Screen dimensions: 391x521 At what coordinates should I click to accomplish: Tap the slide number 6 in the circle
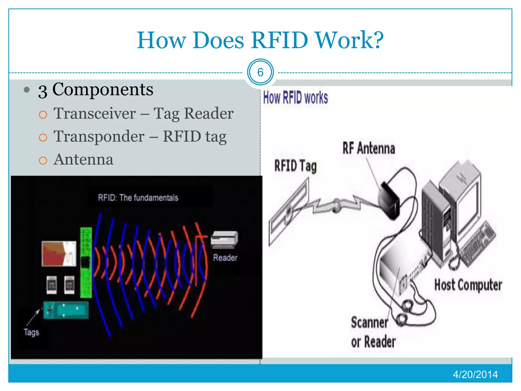260,72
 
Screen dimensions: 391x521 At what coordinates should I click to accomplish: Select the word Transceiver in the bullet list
95,113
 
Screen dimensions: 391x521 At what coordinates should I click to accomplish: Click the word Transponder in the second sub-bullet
99,136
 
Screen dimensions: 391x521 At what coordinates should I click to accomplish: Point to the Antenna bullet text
83,159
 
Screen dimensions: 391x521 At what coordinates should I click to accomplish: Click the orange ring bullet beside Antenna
43,160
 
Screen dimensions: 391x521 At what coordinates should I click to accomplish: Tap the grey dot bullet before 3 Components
26,90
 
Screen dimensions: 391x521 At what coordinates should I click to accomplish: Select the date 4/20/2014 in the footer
475,374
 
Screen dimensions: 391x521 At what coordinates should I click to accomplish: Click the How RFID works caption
295,98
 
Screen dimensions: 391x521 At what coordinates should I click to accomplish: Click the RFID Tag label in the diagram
295,166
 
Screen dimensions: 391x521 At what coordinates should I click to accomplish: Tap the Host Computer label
468,285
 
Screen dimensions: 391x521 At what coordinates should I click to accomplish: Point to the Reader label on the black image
225,258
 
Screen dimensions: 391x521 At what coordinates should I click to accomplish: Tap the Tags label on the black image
32,332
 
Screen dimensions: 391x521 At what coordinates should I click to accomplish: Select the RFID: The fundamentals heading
138,198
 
